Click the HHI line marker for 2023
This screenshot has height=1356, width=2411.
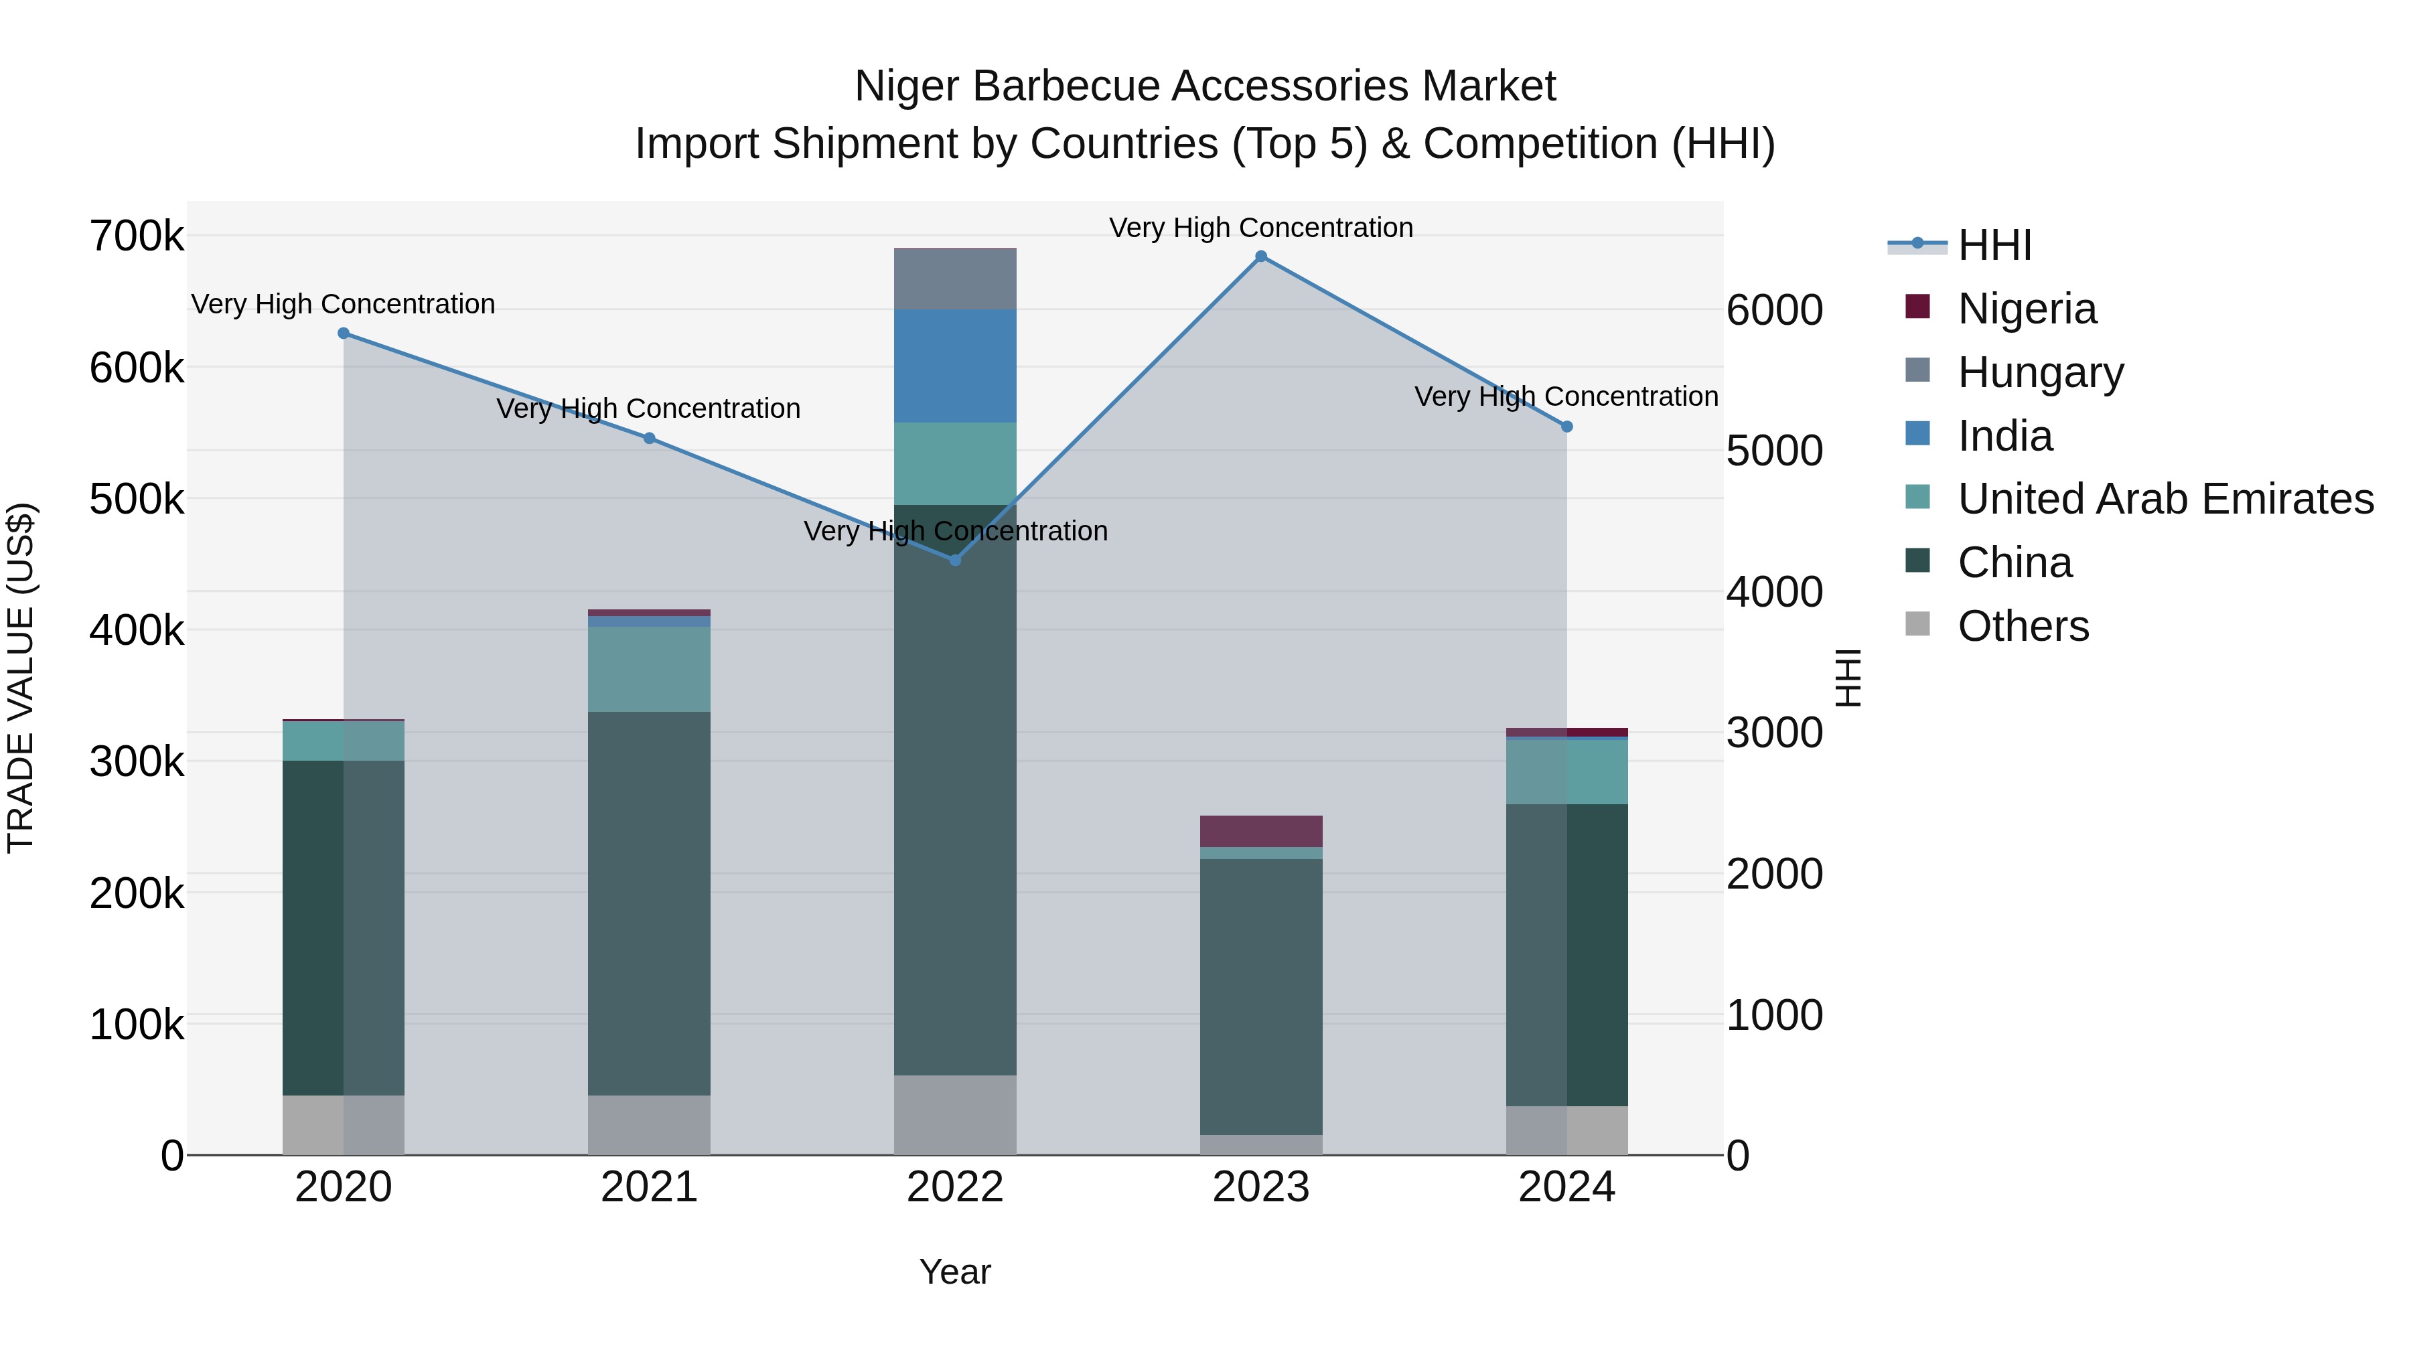[x=1260, y=256]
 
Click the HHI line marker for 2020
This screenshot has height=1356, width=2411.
[x=344, y=333]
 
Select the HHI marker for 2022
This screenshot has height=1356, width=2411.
[x=954, y=560]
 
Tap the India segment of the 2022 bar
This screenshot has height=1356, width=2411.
[x=954, y=365]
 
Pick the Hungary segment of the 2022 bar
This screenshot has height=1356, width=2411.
[x=954, y=279]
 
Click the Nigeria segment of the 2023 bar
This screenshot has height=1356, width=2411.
[x=1260, y=831]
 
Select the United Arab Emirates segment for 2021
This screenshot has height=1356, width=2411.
[x=648, y=668]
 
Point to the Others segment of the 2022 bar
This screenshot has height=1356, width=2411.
[x=954, y=1114]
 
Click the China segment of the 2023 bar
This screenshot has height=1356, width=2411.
[x=1260, y=996]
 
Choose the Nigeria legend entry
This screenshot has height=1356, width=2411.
[x=2027, y=309]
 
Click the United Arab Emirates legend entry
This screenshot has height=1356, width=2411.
[x=2165, y=499]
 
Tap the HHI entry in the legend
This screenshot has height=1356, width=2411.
[x=1994, y=245]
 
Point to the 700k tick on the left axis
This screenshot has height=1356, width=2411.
[x=137, y=237]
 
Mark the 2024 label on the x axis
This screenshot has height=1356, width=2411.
[x=1566, y=1187]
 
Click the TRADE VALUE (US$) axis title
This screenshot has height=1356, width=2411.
[x=21, y=678]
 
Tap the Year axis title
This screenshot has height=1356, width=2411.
[x=954, y=1272]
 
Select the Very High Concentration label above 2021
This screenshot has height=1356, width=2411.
[x=648, y=409]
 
